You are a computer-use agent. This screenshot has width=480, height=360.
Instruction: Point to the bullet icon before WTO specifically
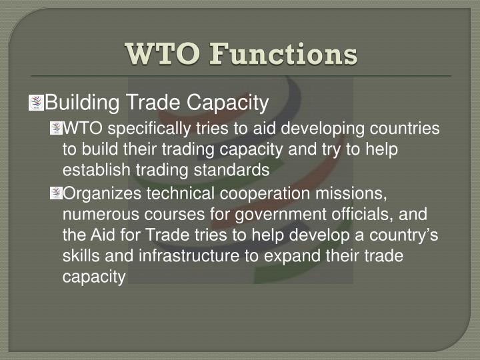pyautogui.click(x=55, y=128)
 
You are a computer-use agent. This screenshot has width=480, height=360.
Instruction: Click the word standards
pyautogui.click(x=237, y=170)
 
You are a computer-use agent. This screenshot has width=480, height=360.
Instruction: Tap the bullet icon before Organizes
pyautogui.click(x=55, y=193)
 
